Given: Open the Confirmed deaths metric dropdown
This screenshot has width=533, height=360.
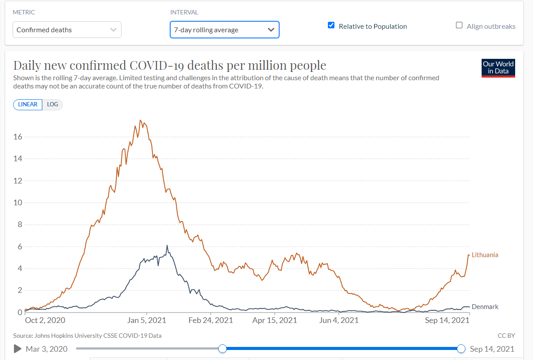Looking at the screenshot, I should click(x=67, y=30).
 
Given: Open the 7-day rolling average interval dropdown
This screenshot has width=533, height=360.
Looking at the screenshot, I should click(x=224, y=30).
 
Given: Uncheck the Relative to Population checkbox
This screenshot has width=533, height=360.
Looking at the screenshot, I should click(x=331, y=25).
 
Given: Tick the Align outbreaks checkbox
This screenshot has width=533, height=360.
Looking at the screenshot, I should click(x=459, y=25).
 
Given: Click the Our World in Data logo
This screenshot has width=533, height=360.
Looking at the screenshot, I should click(x=498, y=68).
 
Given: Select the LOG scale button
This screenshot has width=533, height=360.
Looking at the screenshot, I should click(x=52, y=105).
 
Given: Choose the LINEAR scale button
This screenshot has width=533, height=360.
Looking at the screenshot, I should click(x=28, y=105).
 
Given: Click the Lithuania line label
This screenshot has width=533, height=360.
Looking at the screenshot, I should click(x=485, y=255).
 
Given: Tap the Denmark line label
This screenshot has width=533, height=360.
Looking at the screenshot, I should click(x=485, y=307).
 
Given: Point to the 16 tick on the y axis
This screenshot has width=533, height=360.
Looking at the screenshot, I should click(x=18, y=137).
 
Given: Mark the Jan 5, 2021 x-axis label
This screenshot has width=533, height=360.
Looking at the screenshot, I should click(x=147, y=320).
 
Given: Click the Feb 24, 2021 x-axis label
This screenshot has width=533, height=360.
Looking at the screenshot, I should click(x=211, y=320).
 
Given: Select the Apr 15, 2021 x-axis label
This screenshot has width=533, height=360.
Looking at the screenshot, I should click(x=275, y=320).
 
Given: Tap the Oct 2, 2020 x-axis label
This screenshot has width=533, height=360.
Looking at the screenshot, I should click(x=45, y=320).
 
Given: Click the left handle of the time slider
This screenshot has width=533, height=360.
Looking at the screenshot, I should click(x=223, y=349).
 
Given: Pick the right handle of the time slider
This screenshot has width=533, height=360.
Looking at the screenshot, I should click(x=461, y=349).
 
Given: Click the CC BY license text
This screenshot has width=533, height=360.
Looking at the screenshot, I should click(x=506, y=336).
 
